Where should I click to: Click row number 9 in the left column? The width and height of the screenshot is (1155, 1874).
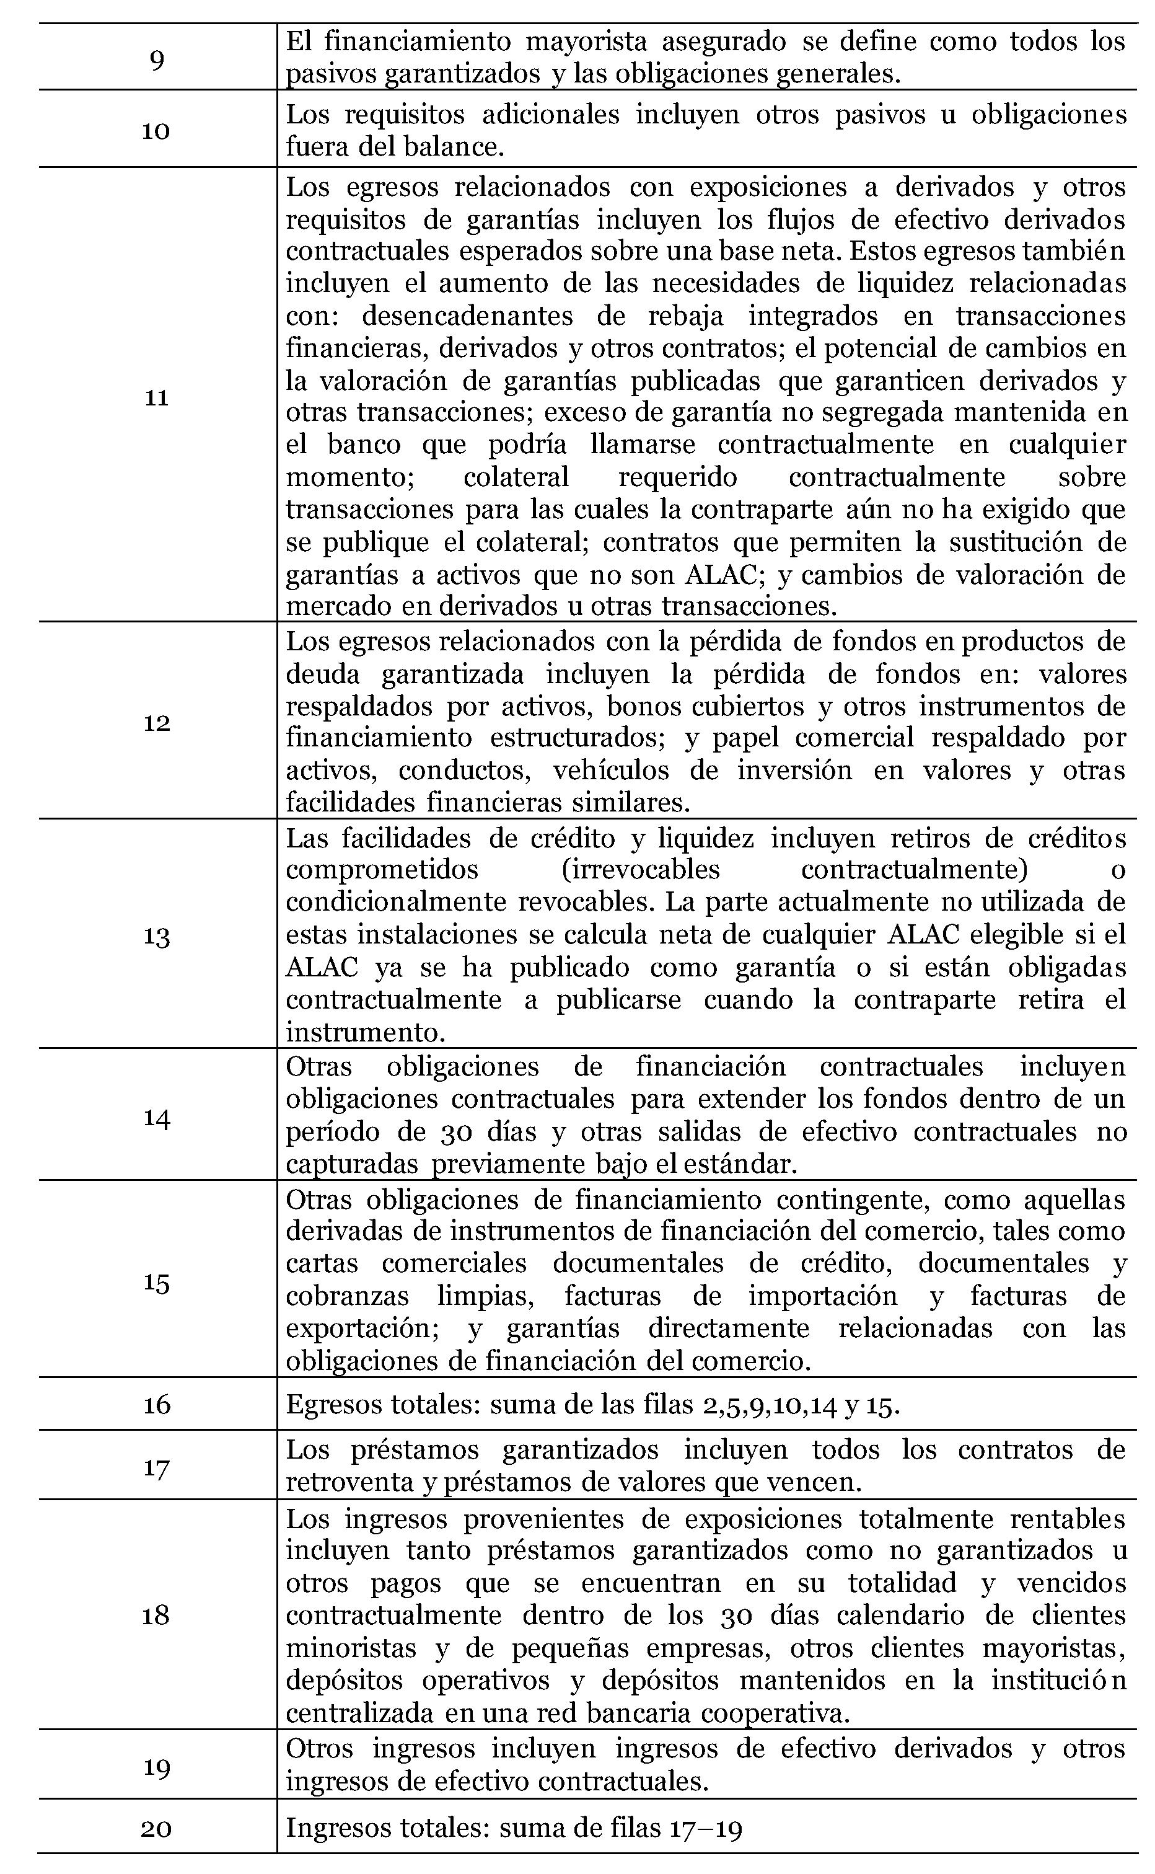[157, 59]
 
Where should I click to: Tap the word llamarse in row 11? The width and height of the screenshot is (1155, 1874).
[643, 444]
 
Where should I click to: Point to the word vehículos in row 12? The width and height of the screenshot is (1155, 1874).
[610, 770]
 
